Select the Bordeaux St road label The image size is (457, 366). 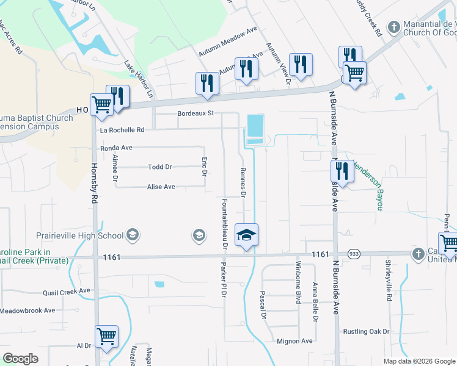tap(196, 113)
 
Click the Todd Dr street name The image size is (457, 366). tap(160, 167)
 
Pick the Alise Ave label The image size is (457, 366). tap(161, 187)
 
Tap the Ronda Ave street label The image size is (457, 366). tap(116, 148)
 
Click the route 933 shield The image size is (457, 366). tap(353, 253)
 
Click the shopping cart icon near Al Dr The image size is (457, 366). tap(106, 336)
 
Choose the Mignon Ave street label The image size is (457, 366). tap(294, 341)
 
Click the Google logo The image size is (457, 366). tap(20, 359)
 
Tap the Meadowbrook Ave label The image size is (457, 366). tap(27, 310)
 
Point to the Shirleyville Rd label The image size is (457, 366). tap(389, 281)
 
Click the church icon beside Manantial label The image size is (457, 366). tap(394, 27)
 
